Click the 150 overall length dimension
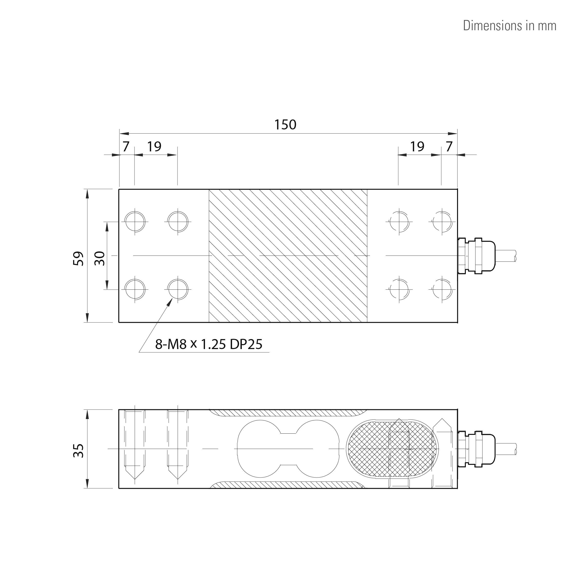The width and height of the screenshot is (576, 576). click(285, 125)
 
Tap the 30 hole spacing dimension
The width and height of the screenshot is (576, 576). click(100, 258)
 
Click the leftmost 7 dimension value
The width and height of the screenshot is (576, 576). click(126, 146)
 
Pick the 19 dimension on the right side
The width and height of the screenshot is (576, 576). click(417, 146)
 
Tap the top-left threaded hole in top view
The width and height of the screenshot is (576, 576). click(135, 222)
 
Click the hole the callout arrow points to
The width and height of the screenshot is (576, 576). click(178, 289)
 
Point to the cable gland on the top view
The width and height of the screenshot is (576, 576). click(476, 255)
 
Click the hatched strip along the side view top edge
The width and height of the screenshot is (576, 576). click(286, 413)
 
